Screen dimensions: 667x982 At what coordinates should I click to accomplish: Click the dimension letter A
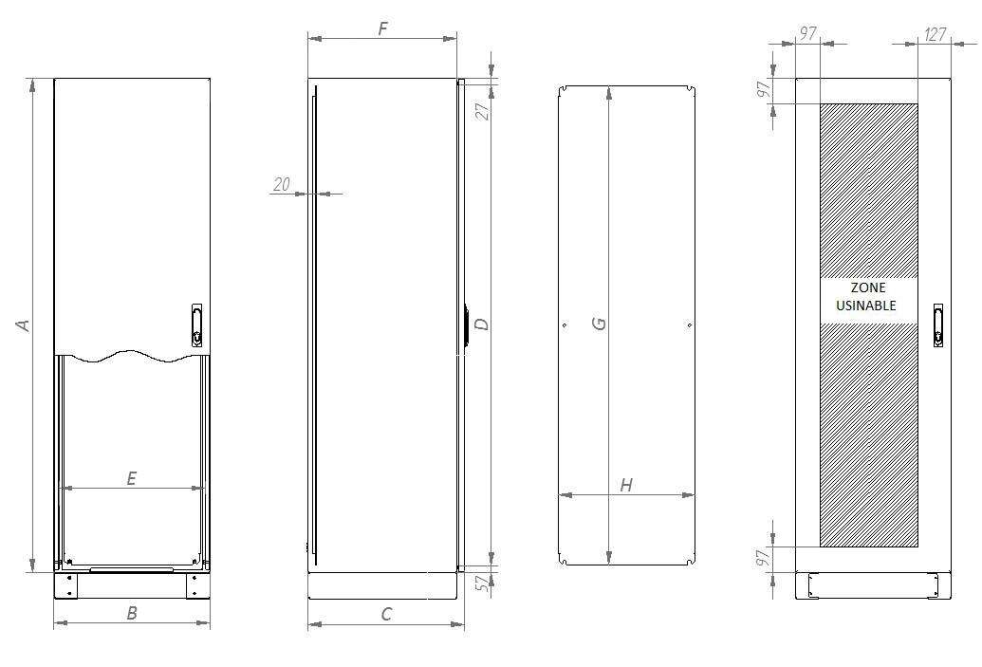point(25,324)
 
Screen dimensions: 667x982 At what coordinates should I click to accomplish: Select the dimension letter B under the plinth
point(132,613)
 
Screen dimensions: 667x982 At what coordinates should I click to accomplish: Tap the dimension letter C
point(386,614)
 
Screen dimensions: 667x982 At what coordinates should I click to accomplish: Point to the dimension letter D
point(481,324)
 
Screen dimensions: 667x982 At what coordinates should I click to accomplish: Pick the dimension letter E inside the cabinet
point(131,478)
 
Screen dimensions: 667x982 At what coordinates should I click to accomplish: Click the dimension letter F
point(382,28)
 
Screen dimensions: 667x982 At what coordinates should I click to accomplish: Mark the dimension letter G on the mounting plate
point(599,324)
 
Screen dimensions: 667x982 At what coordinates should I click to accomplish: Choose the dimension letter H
point(626,485)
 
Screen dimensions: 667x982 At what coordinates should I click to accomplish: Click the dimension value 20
point(282,184)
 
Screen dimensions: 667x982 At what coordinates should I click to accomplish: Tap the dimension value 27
point(482,110)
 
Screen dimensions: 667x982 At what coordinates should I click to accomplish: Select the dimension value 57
point(482,584)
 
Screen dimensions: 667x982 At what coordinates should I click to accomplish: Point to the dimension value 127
point(935,34)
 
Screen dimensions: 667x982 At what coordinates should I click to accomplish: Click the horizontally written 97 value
point(807,34)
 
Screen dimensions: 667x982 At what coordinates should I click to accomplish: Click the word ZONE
point(868,287)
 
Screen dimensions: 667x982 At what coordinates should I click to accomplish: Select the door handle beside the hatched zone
point(937,324)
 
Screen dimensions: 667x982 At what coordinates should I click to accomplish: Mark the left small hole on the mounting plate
point(565,325)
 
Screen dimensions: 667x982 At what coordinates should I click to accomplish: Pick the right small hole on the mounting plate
point(689,325)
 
